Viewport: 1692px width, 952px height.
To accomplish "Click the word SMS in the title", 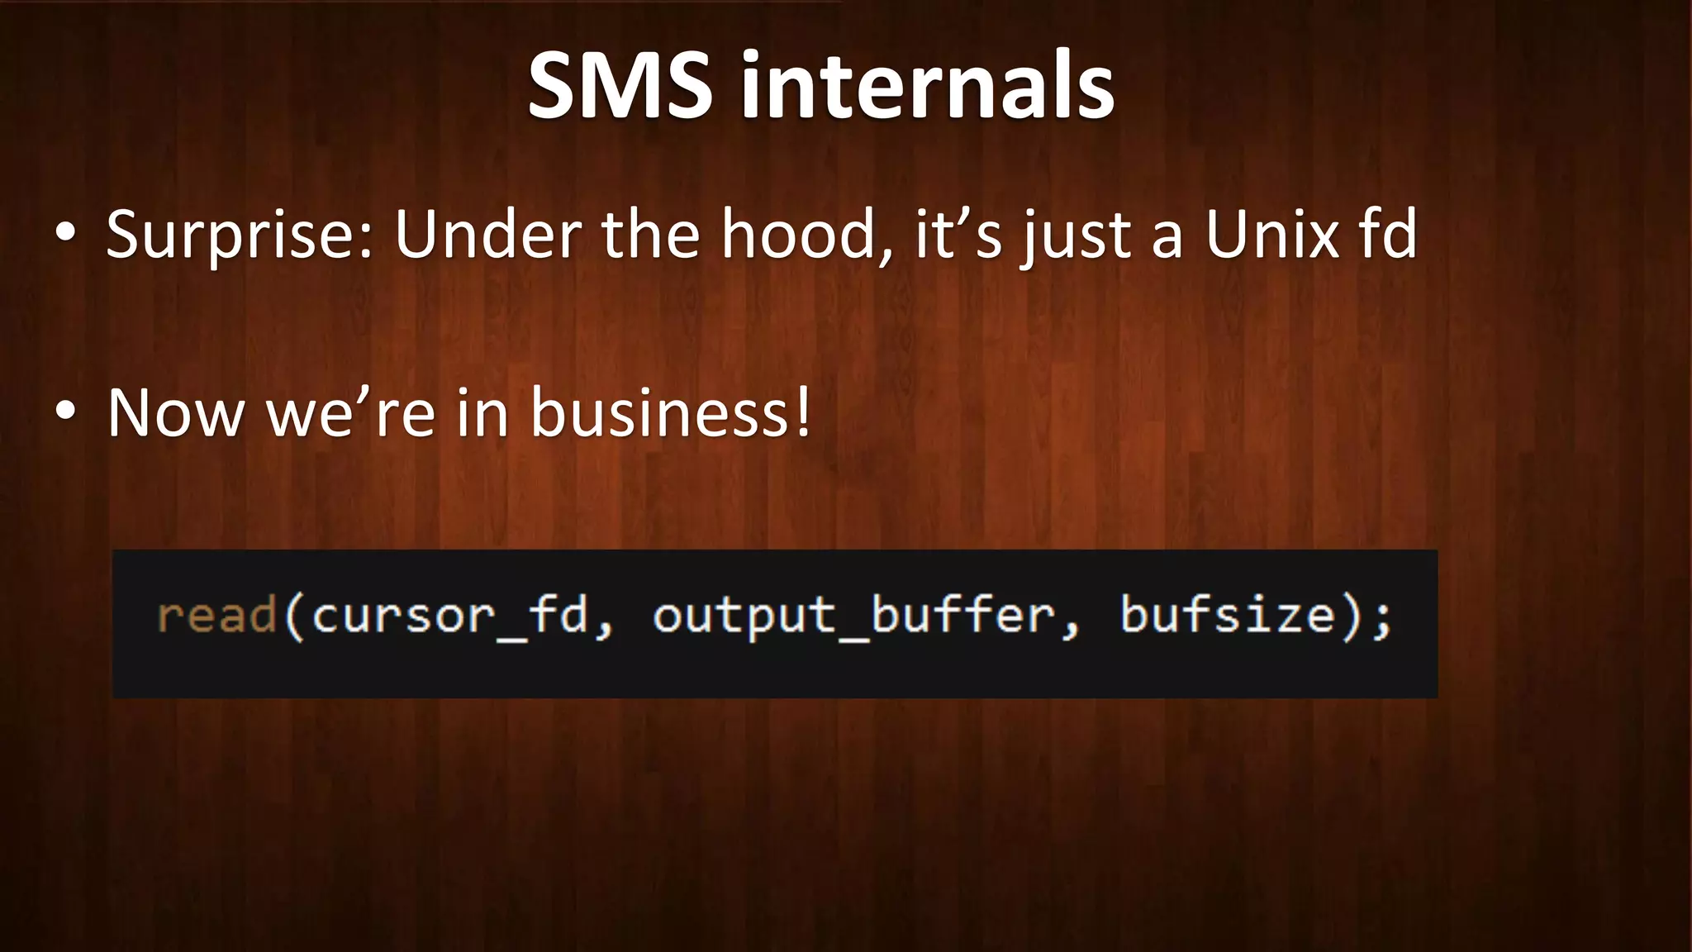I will pos(620,85).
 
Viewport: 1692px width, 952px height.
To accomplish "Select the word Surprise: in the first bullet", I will pos(240,236).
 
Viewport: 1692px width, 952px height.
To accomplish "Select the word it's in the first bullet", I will pos(958,236).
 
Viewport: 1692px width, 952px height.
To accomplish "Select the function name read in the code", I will pos(216,616).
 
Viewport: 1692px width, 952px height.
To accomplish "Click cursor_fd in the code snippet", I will pos(449,616).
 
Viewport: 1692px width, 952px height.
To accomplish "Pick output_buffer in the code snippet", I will pos(854,616).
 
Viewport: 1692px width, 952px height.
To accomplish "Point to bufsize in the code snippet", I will pos(1228,616).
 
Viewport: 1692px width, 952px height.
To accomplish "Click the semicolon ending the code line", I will pos(1381,618).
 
